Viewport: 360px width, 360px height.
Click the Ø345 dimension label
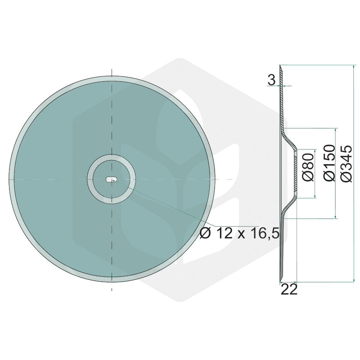346,163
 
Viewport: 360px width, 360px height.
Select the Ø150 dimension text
330,163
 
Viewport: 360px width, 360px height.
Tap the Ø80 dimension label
308,167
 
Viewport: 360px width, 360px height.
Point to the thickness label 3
271,81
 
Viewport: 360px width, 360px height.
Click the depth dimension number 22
289,290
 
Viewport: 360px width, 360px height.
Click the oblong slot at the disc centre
112,179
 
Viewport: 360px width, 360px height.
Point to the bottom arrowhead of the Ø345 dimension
353,279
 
